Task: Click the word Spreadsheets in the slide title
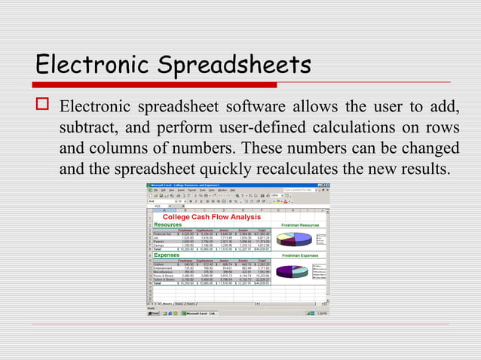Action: (234, 65)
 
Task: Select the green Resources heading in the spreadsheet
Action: (167, 224)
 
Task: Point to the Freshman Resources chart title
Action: (299, 225)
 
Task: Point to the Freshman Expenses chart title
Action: (299, 256)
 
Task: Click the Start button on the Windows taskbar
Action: (154, 313)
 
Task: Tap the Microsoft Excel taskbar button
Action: (201, 313)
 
